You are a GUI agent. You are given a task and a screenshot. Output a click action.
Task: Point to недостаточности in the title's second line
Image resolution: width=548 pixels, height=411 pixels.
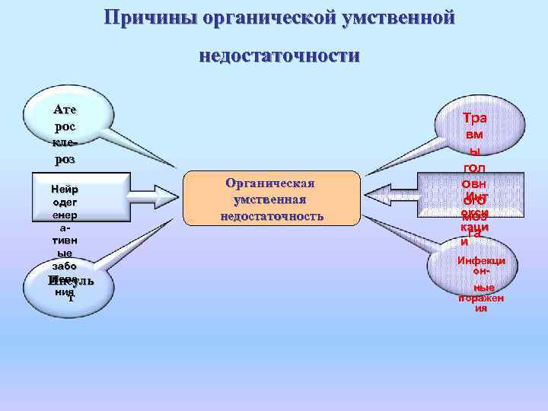[279, 56]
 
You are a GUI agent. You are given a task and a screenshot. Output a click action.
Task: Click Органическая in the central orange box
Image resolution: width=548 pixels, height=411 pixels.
[270, 183]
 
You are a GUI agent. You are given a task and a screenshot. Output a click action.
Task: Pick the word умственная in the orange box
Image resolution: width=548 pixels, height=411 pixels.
[270, 199]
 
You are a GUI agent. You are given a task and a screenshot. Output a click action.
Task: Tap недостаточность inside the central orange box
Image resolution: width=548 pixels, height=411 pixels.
[271, 216]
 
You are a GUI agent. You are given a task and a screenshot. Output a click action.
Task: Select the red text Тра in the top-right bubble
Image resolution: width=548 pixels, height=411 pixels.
[475, 118]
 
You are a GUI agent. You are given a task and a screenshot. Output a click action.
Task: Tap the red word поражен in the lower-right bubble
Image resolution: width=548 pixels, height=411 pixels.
[481, 298]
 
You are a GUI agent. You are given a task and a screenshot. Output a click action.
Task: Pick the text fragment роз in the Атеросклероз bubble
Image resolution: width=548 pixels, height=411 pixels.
[65, 160]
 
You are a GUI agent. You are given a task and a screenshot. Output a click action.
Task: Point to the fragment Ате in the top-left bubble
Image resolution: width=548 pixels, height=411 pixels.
[65, 109]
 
